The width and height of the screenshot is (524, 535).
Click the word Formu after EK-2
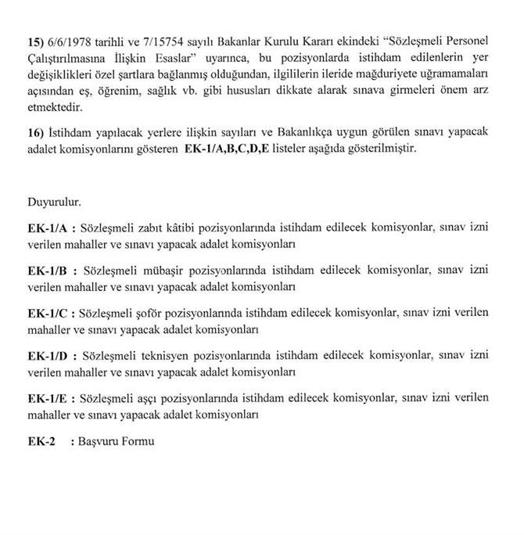(139, 440)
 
